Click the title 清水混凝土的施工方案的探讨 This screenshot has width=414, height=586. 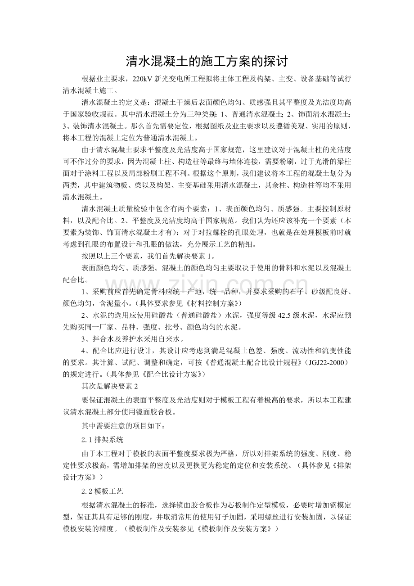click(207, 61)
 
